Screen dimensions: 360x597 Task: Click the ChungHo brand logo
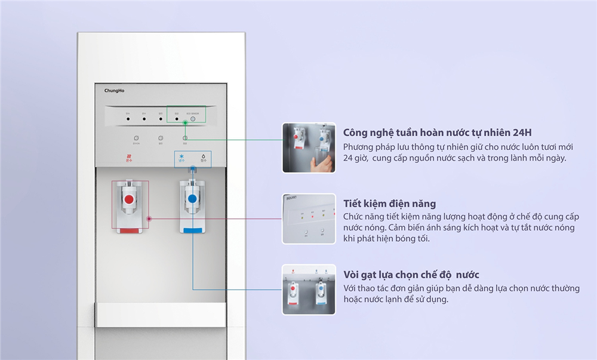[x=114, y=91]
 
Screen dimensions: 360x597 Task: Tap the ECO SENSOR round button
[x=193, y=119]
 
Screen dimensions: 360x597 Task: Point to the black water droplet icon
[x=204, y=156]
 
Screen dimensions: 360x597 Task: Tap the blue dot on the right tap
[x=192, y=199]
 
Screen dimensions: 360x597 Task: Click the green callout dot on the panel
[x=186, y=124]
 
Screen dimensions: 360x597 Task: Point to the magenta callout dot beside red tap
[x=149, y=219]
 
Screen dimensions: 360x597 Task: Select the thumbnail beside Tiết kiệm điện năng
[x=309, y=219]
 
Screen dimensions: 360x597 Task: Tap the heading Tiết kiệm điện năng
[x=389, y=204]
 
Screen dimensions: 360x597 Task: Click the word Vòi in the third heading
[x=352, y=275]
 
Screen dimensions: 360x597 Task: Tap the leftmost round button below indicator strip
[x=136, y=138]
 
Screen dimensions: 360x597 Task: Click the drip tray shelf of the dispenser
[x=161, y=314]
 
